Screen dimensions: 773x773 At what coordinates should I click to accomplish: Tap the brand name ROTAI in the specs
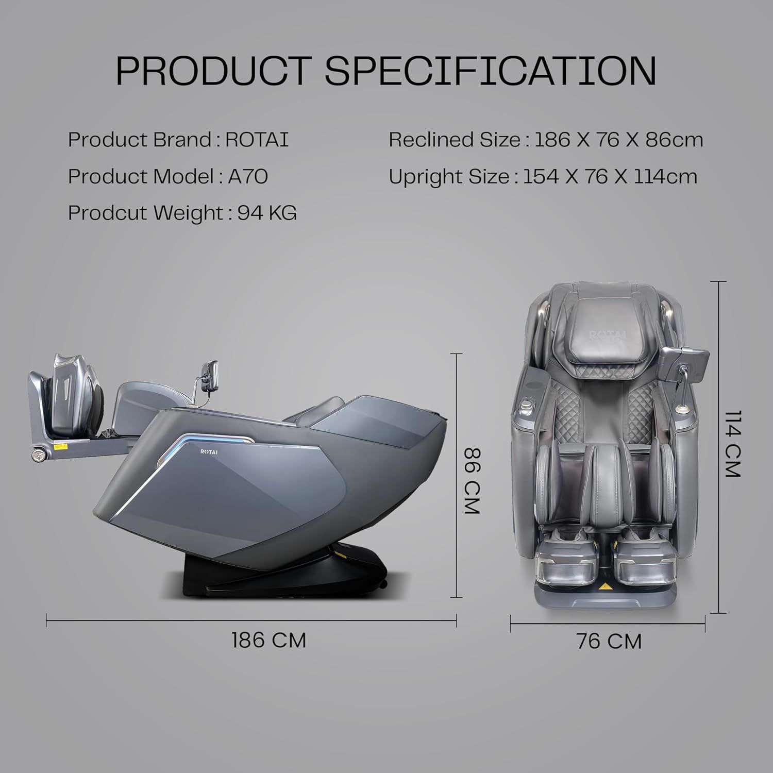pyautogui.click(x=257, y=140)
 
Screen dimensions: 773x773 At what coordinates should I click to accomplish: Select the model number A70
pyautogui.click(x=248, y=176)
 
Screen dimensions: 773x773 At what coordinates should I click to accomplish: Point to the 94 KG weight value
pyautogui.click(x=267, y=212)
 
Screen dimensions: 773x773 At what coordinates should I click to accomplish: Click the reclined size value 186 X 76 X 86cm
pyautogui.click(x=618, y=140)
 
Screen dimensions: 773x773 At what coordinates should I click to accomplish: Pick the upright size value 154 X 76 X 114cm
pyautogui.click(x=610, y=176)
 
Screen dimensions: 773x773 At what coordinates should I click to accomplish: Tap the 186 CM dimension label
pyautogui.click(x=269, y=640)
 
